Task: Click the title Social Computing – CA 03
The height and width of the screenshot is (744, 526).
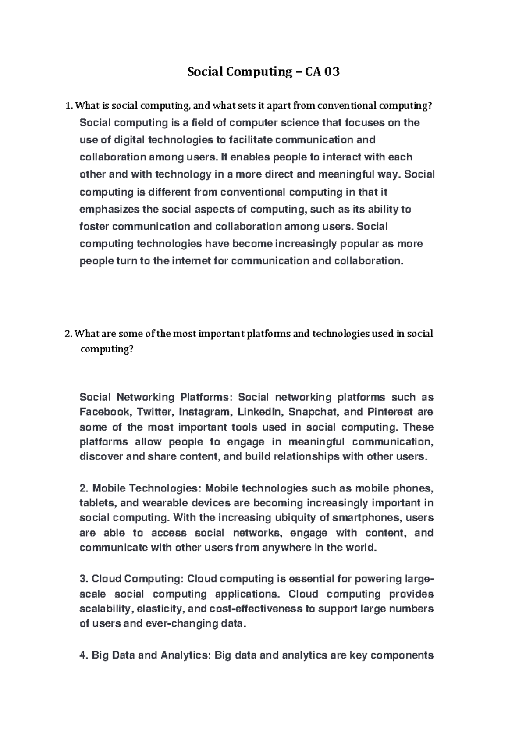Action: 263,71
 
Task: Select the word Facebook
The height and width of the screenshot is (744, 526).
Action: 105,412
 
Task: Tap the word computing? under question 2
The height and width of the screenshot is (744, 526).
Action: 106,349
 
